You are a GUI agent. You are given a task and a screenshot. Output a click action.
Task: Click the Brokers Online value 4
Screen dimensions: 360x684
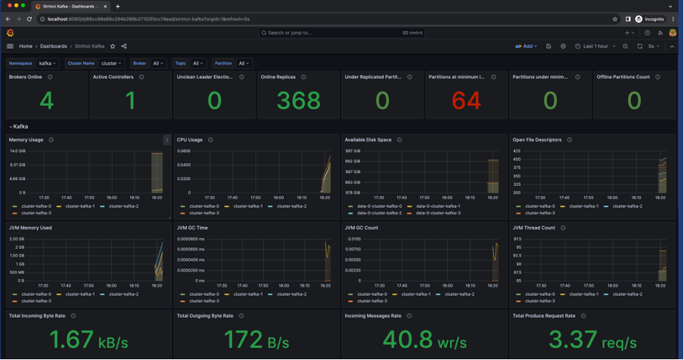(46, 101)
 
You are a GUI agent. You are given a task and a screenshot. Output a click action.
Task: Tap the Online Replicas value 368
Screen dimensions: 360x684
(298, 101)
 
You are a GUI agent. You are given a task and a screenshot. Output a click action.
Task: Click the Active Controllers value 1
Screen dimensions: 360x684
(130, 101)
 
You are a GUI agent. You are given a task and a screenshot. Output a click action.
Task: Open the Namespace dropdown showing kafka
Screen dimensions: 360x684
(48, 64)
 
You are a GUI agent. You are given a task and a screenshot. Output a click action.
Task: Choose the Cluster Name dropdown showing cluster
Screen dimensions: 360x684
(111, 64)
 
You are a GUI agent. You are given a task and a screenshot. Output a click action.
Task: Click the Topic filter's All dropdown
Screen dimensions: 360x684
(198, 64)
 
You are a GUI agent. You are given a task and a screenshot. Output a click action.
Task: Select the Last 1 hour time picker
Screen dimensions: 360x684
(595, 46)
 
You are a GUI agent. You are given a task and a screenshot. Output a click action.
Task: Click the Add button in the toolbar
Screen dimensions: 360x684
(527, 46)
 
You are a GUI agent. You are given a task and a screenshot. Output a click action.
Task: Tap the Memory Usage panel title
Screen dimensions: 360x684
(26, 140)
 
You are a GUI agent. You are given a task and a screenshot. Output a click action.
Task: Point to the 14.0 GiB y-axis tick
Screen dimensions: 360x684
(17, 151)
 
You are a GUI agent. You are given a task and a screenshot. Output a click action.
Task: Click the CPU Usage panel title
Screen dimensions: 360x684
(189, 140)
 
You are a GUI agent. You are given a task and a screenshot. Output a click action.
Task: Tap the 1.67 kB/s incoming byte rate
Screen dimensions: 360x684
(72, 340)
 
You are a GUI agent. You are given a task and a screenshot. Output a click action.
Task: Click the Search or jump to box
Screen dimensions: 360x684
(340, 33)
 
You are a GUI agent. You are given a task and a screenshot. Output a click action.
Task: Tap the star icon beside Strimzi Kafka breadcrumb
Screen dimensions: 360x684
(113, 46)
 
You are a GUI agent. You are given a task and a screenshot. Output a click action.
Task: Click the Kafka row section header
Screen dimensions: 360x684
(20, 126)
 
